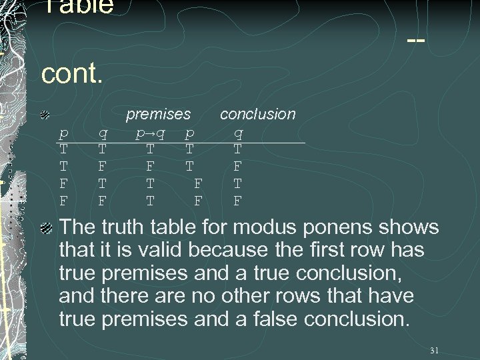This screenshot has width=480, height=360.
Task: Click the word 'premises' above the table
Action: point(159,115)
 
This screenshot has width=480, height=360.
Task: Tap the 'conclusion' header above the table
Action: point(257,114)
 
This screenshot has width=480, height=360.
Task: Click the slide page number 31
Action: point(434,350)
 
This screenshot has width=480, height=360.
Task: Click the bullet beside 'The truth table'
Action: point(46,228)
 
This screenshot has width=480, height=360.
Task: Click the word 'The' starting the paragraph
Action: point(77,227)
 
